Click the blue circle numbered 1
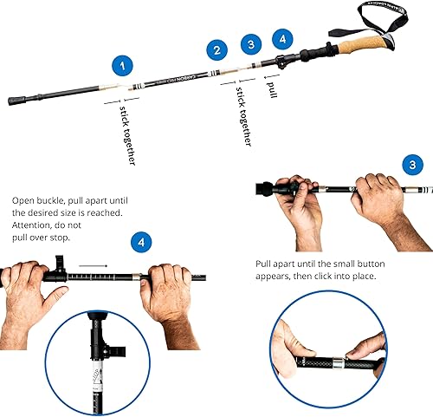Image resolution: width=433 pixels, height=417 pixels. pos(126,65)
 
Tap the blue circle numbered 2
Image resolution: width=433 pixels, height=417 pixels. pos(218,50)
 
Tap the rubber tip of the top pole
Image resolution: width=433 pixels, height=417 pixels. pos(16,101)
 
